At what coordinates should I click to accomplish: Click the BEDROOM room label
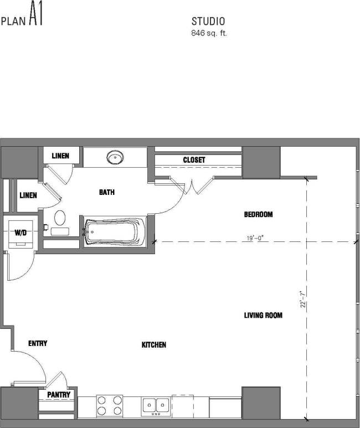click(x=259, y=214)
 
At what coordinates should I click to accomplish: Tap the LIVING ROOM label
click(x=263, y=316)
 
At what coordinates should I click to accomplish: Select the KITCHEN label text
click(x=154, y=345)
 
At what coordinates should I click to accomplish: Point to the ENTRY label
click(x=38, y=344)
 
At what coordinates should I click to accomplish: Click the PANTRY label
click(x=58, y=395)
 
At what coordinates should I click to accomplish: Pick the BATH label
click(x=107, y=193)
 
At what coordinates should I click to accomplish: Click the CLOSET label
click(x=194, y=160)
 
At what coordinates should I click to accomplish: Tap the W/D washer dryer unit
click(x=20, y=233)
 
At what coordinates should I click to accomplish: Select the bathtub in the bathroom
click(x=115, y=231)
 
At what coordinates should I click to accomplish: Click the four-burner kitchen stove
click(x=109, y=405)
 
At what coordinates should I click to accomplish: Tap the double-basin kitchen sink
click(x=155, y=406)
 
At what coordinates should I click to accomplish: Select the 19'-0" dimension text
click(x=255, y=239)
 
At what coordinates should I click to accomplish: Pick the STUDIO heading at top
click(x=208, y=22)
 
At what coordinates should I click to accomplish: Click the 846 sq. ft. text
click(x=209, y=33)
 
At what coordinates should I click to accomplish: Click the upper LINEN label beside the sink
click(x=60, y=156)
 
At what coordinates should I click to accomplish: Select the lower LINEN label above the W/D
click(x=28, y=195)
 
